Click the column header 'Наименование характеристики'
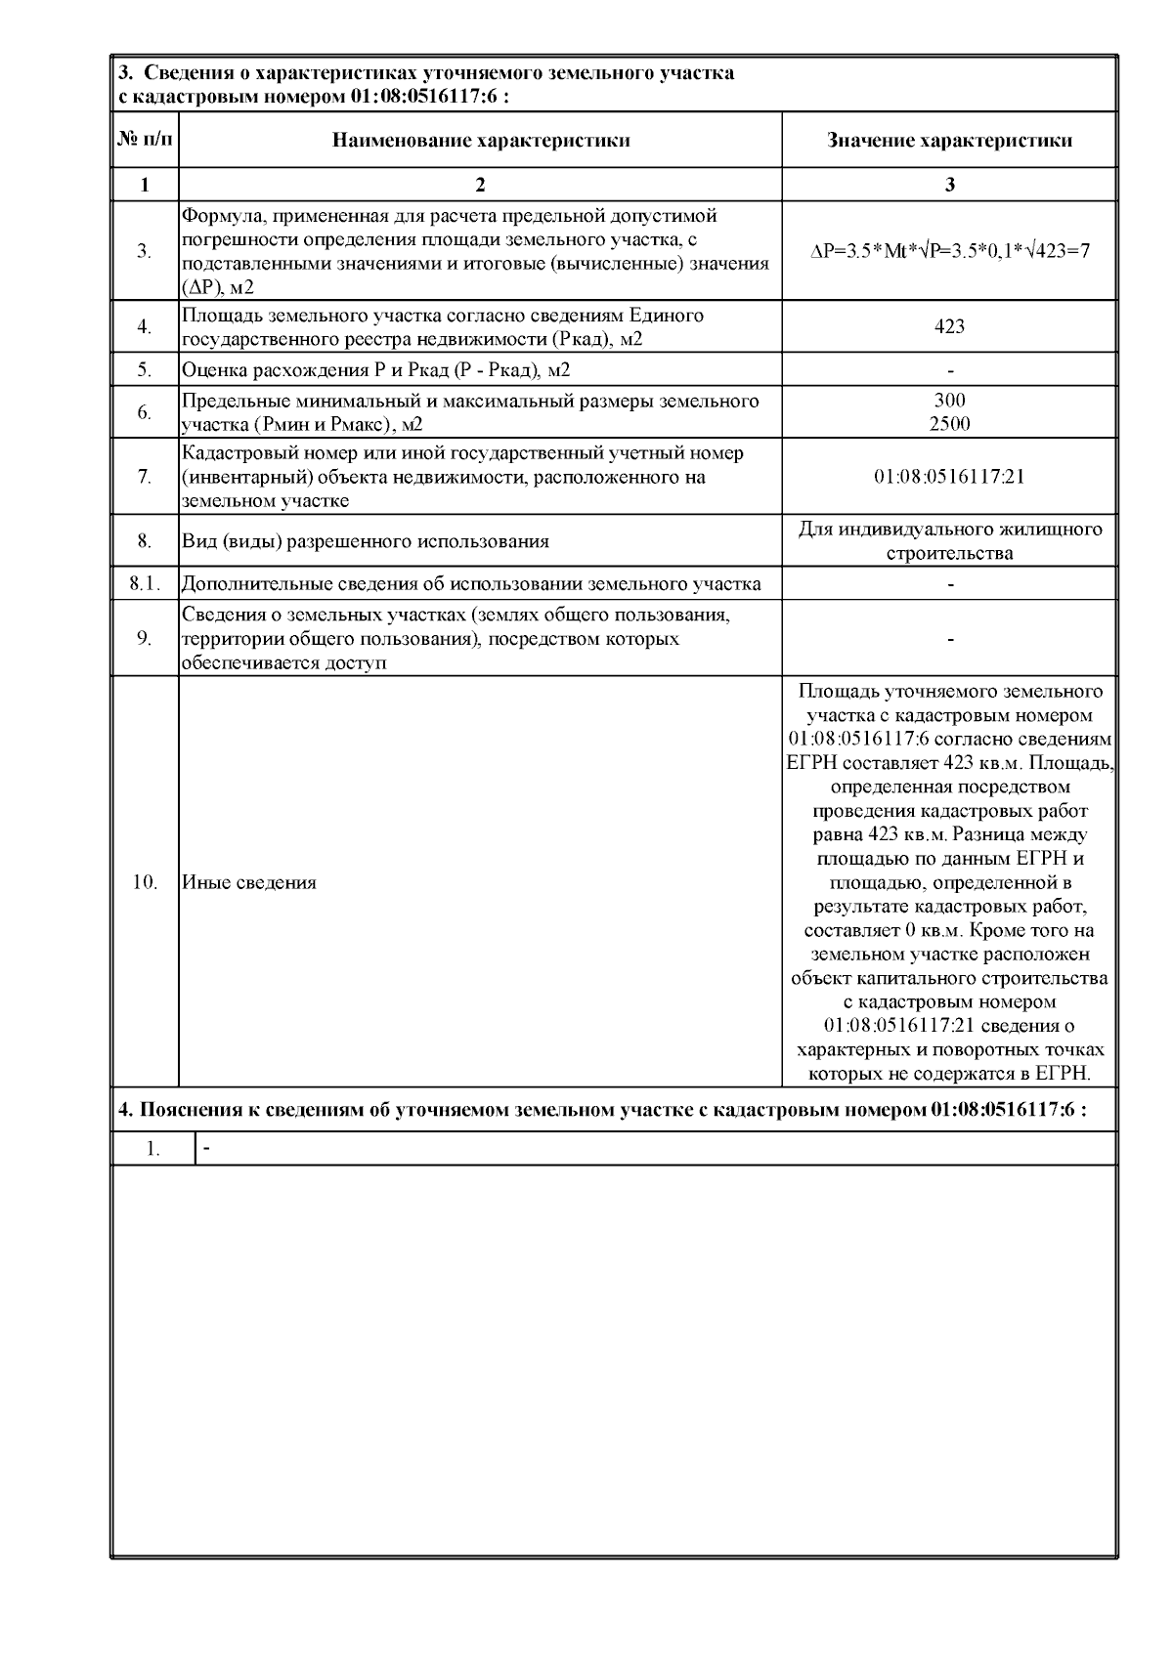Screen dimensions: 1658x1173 point(480,140)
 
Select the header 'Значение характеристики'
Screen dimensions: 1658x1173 point(949,140)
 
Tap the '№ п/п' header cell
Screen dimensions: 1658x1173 point(146,140)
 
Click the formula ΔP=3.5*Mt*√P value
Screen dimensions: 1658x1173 point(949,251)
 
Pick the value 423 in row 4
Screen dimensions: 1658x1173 point(949,326)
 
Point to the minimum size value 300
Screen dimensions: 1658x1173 point(949,401)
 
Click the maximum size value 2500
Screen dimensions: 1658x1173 point(949,424)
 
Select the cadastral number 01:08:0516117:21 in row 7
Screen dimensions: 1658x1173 point(949,477)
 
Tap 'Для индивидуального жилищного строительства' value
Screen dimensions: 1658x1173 point(949,541)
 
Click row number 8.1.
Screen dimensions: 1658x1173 point(145,584)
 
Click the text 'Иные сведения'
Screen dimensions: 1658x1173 point(249,882)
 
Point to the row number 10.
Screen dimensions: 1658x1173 point(145,882)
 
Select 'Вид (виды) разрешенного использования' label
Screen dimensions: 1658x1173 point(366,541)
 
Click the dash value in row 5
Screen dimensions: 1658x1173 point(950,370)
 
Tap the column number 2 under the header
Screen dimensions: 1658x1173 point(480,185)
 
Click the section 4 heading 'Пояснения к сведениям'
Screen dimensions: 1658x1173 point(601,1110)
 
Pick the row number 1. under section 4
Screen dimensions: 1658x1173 point(153,1149)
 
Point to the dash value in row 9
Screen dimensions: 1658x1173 point(950,639)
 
